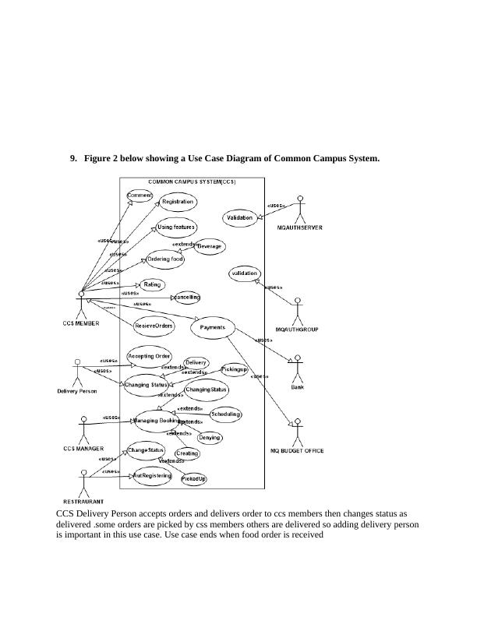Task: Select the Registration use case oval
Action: (178, 202)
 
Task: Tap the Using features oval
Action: (175, 227)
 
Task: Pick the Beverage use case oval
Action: (209, 246)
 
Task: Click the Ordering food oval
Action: (165, 259)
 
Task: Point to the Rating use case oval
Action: (152, 285)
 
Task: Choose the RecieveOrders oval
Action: (154, 326)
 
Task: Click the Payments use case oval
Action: (212, 329)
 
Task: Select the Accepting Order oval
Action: (149, 356)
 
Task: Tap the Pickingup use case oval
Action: (235, 369)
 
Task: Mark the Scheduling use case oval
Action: (225, 414)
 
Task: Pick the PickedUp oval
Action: (194, 479)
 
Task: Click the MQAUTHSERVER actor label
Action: (300, 227)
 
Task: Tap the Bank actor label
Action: (297, 386)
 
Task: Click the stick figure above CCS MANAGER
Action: (84, 428)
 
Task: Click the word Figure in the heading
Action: (98, 159)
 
